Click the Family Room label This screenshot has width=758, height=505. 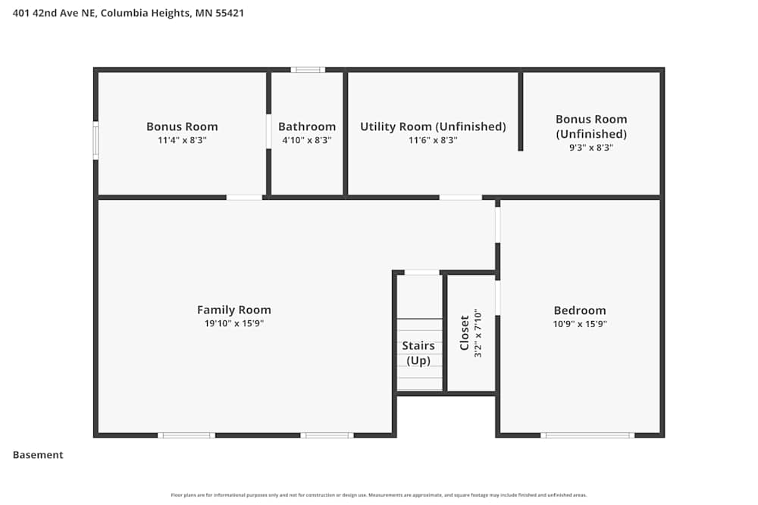[x=233, y=310]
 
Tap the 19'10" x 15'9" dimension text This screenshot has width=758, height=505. [x=233, y=323]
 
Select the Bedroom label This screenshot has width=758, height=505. [x=580, y=310]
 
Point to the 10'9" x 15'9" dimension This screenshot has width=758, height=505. [x=580, y=323]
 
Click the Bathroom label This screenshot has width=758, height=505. [x=307, y=126]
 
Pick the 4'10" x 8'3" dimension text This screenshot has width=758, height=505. [x=307, y=140]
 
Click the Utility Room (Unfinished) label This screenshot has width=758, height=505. [x=433, y=126]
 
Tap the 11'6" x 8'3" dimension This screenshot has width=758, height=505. [x=433, y=140]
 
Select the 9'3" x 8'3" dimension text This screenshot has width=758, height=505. [x=591, y=148]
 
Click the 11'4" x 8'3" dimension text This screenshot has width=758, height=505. [x=182, y=140]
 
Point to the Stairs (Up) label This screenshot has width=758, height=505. [x=418, y=353]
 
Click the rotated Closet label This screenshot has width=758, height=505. [x=465, y=333]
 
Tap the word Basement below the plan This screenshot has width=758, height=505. [x=38, y=455]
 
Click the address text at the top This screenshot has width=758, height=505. [x=128, y=13]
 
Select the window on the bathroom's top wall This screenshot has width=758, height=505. [x=307, y=70]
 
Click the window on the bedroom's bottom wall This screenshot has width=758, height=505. [x=587, y=435]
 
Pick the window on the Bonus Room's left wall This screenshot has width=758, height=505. [x=96, y=140]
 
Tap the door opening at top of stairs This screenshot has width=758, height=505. [x=421, y=273]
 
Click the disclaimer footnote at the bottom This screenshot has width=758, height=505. [x=379, y=495]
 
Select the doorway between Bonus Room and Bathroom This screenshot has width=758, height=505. [x=268, y=132]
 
